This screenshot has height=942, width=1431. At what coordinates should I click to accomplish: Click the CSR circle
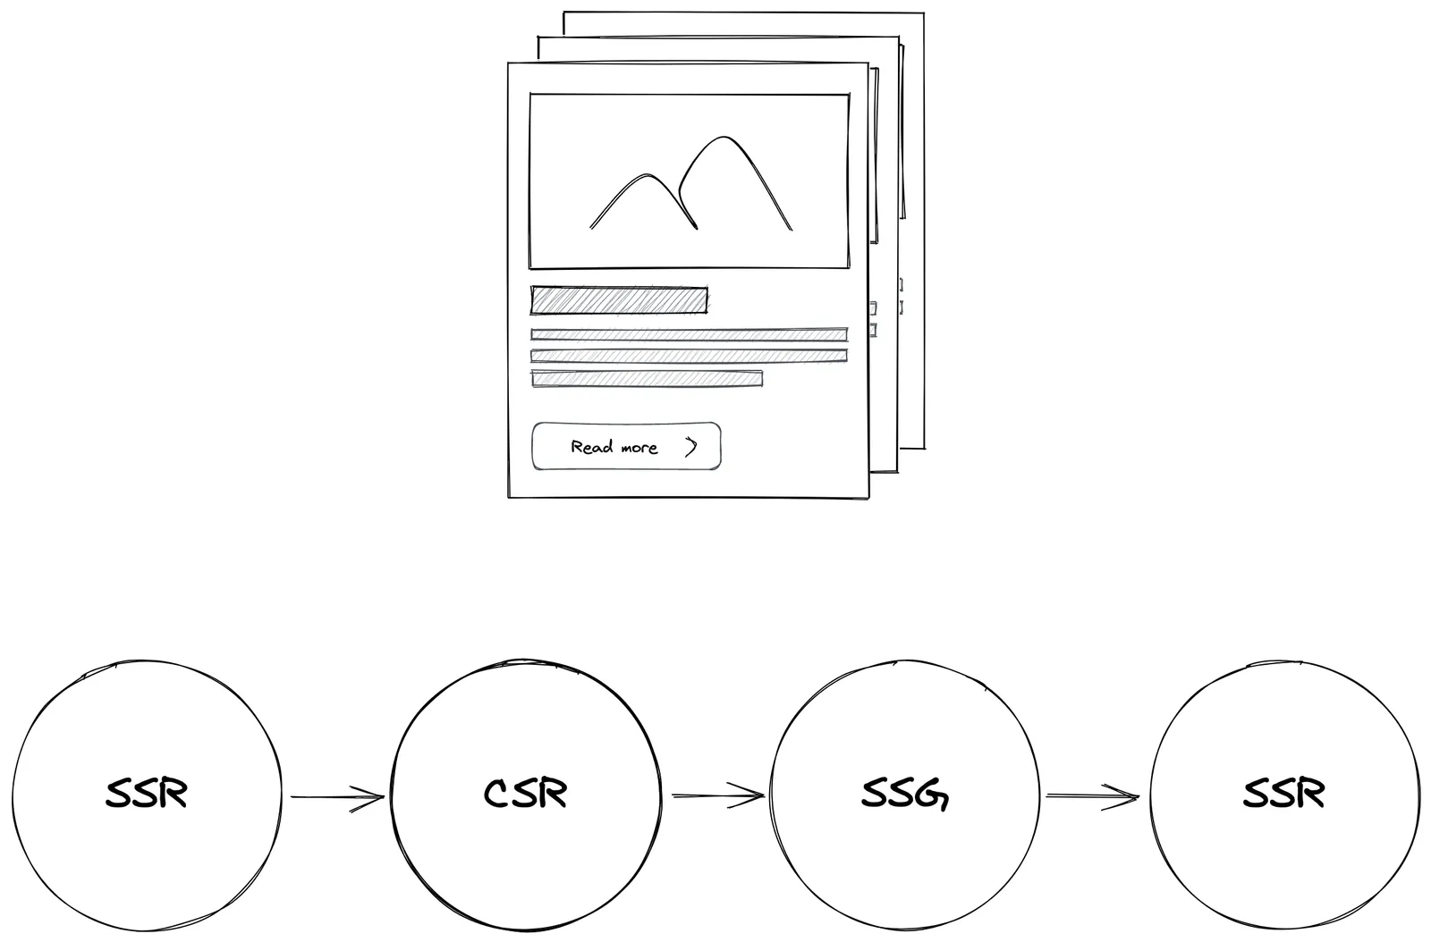(x=526, y=795)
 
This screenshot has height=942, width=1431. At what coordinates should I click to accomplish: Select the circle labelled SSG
(x=904, y=795)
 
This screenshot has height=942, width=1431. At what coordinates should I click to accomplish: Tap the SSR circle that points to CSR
(x=147, y=795)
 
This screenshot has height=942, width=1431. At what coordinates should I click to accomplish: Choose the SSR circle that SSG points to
(x=1283, y=795)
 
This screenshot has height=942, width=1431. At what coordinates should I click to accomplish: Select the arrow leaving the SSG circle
(x=1093, y=795)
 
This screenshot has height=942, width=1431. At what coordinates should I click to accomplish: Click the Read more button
(x=626, y=446)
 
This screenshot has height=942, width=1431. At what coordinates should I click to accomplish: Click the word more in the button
(x=639, y=448)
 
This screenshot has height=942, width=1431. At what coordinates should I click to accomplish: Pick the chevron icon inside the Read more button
(x=690, y=447)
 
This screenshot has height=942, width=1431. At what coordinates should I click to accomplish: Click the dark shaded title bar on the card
(x=619, y=300)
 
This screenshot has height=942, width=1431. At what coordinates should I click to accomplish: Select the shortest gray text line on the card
(x=647, y=379)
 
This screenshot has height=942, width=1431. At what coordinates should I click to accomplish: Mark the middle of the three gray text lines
(x=689, y=356)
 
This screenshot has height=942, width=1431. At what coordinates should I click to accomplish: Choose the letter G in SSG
(x=934, y=795)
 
